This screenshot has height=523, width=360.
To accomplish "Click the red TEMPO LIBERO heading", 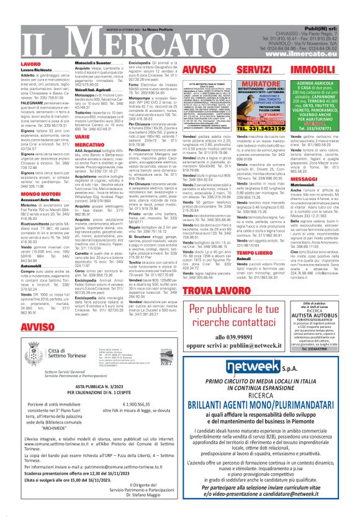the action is pyautogui.click(x=237, y=253).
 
